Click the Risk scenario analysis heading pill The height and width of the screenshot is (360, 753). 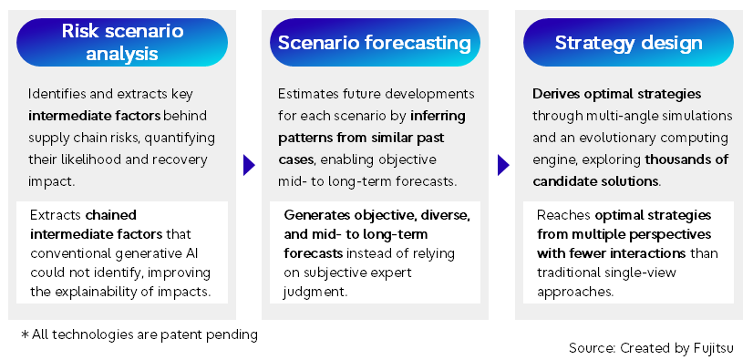click(122, 43)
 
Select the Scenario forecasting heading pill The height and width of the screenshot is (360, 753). click(374, 43)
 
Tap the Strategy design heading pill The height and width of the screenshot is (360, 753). click(629, 43)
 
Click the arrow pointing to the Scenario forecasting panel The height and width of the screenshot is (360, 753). click(248, 165)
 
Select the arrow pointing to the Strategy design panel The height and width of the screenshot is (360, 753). click(502, 165)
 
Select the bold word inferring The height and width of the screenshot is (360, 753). click(443, 117)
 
